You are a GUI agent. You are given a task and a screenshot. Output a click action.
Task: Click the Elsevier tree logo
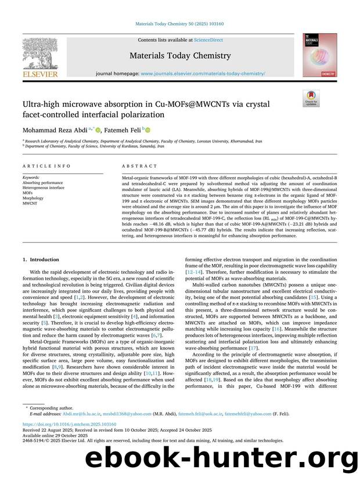coord(41,53)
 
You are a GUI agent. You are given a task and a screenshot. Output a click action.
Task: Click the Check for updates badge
coord(311,98)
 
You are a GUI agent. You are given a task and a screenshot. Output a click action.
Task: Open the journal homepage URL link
coord(203,74)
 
